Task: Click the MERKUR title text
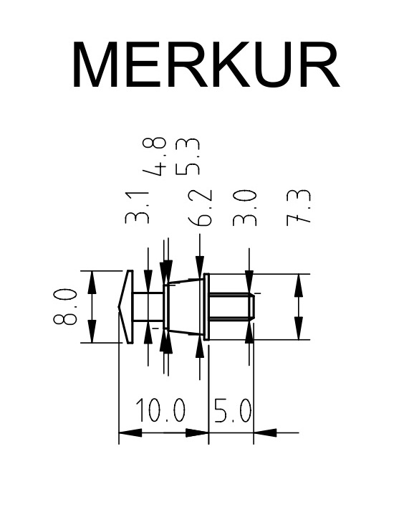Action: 206,65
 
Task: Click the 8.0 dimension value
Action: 65,306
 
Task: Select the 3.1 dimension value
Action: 136,207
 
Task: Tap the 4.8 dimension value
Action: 154,156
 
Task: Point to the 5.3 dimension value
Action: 188,156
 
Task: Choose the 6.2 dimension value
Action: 200,207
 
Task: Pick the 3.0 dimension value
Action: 244,207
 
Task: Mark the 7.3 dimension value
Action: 299,207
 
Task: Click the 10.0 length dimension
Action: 160,410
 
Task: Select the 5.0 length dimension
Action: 232,410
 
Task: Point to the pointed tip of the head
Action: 118,306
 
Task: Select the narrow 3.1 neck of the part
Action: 148,306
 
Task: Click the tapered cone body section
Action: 185,306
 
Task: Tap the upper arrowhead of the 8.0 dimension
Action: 92,283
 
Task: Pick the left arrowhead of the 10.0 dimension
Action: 130,432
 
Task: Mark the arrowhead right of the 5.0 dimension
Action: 265,432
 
